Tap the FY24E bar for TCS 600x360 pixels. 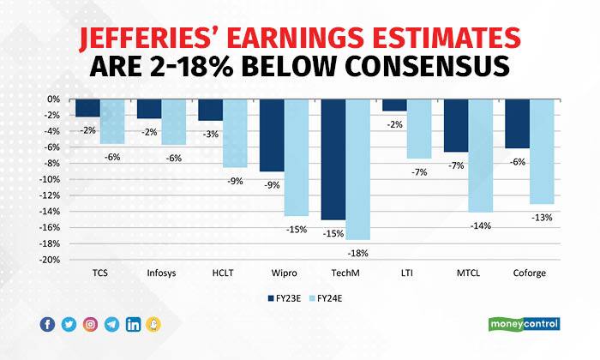(x=112, y=121)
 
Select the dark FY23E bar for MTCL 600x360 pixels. (x=456, y=125)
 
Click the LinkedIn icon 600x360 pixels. (x=134, y=324)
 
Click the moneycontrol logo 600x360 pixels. (x=524, y=324)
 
